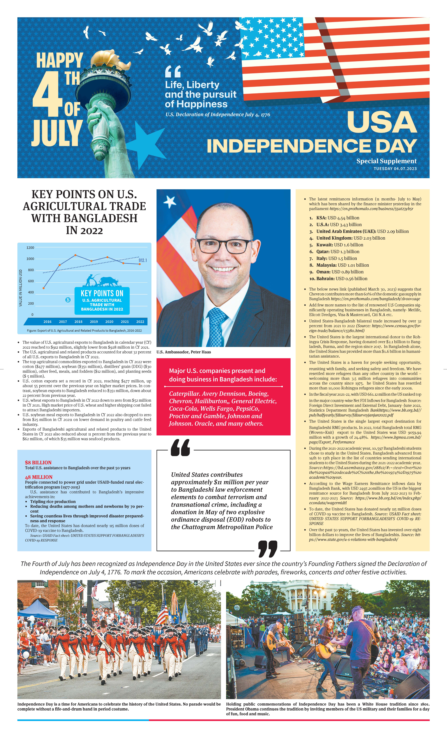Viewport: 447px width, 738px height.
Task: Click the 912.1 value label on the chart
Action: [143, 260]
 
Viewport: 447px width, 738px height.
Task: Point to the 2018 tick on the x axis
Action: [78, 322]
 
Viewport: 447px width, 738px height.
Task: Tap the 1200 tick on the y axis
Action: [30, 248]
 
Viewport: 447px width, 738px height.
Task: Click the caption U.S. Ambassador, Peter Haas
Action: [184, 352]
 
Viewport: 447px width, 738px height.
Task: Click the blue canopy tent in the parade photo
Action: [37, 608]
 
